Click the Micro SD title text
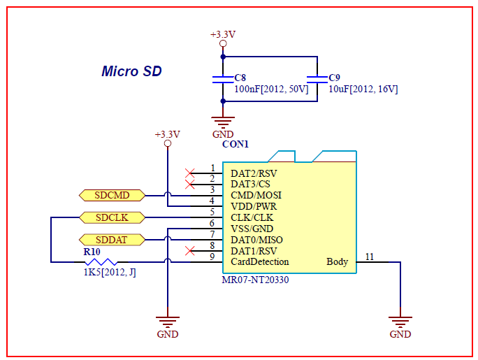coord(131,71)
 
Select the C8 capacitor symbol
coord(223,79)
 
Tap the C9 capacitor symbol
coord(317,79)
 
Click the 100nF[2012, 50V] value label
coord(271,89)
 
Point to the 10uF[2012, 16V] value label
coord(363,89)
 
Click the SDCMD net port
coord(112,195)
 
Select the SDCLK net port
coord(112,217)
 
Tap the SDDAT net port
coord(112,240)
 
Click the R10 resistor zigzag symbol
coord(101,262)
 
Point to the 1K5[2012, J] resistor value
coord(110,272)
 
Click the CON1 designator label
coord(236,144)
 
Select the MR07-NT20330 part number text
coord(255,280)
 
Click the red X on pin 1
coord(189,173)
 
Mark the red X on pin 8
coord(189,251)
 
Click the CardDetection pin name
coord(260,262)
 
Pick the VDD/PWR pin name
coord(254,207)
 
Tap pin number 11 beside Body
coord(370,257)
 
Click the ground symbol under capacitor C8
coord(223,122)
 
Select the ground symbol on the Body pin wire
coord(400,322)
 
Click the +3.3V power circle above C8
coord(223,43)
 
